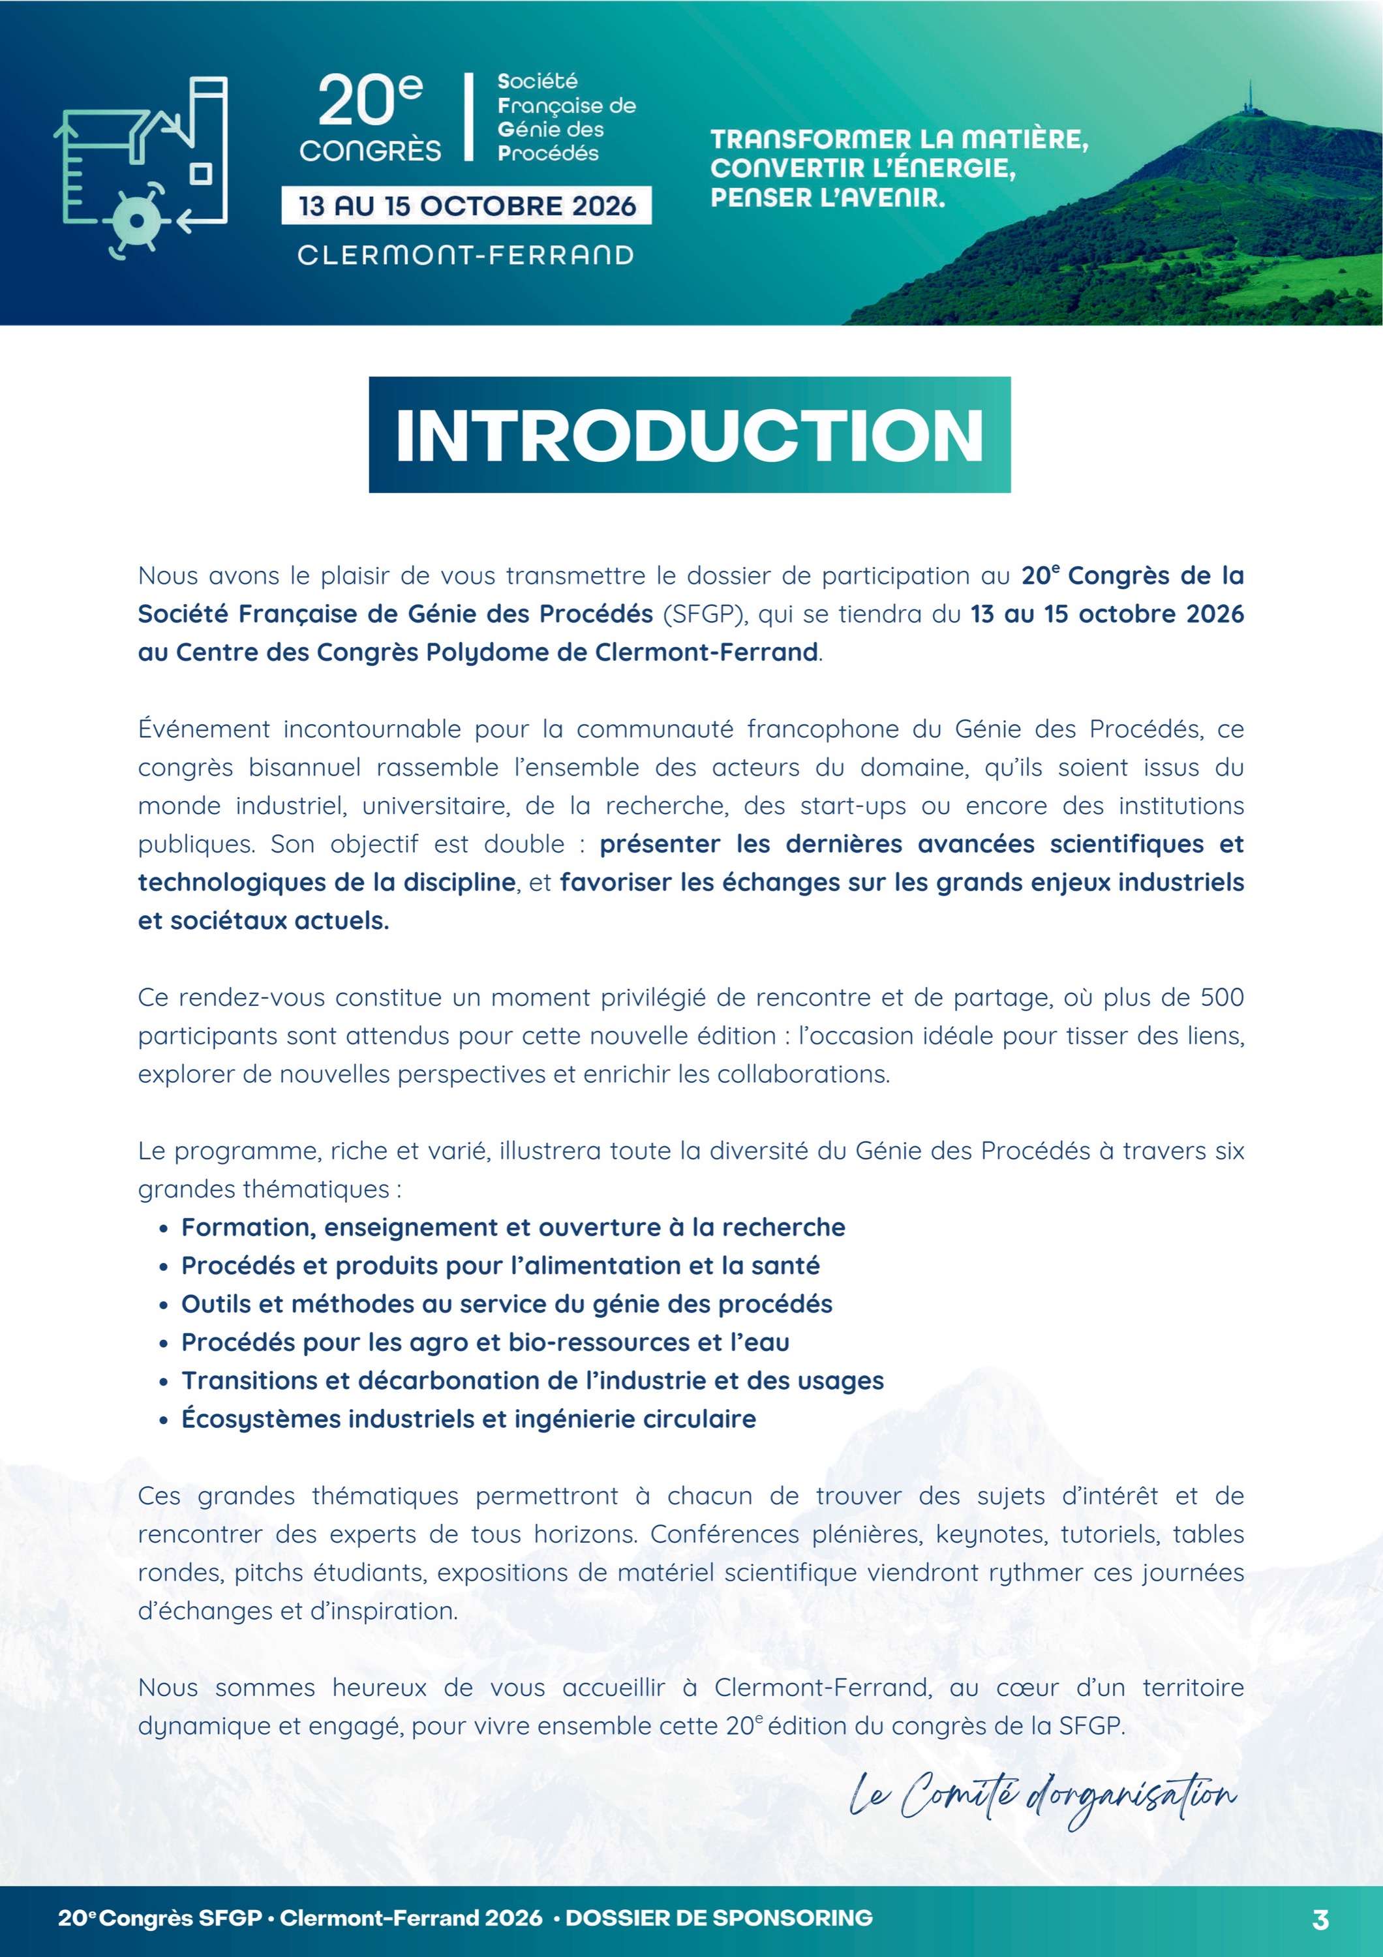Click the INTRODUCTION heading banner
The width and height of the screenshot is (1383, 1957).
click(x=690, y=434)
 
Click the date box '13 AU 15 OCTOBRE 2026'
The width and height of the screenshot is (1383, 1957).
click(x=466, y=206)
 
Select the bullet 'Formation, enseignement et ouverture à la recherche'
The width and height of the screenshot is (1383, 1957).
click(x=513, y=1228)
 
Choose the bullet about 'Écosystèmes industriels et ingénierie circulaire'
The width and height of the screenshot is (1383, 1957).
click(x=468, y=1419)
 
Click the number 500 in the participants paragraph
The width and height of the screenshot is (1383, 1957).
click(x=1222, y=997)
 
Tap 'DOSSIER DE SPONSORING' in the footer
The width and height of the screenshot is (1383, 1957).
click(x=719, y=1918)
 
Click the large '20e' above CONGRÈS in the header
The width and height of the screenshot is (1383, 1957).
click(x=369, y=100)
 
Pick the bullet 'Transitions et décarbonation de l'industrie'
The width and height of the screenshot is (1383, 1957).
click(x=532, y=1381)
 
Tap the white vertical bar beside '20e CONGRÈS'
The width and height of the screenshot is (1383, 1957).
click(x=468, y=117)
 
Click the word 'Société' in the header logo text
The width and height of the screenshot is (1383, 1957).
click(x=538, y=82)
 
